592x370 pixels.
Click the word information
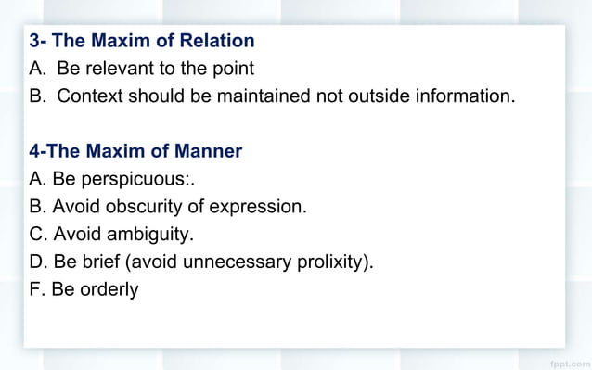point(458,96)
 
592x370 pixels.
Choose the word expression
point(257,206)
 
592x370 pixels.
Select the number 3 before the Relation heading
point(34,41)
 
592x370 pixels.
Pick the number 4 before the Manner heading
point(34,150)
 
